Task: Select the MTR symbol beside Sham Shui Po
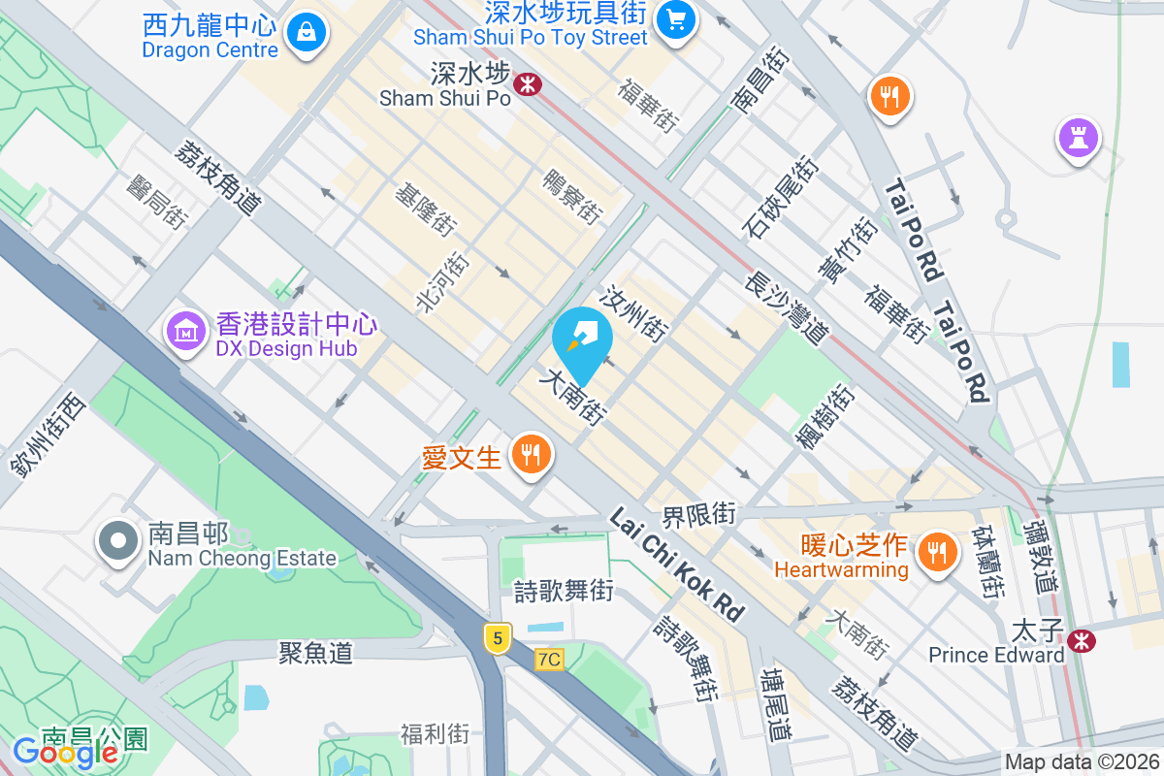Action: coord(528,84)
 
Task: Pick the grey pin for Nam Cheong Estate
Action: coord(119,542)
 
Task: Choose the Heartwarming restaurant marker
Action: coord(936,553)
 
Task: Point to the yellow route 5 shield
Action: coord(498,637)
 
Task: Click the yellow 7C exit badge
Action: coord(548,660)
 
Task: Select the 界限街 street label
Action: coord(698,514)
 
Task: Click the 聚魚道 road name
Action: coord(315,653)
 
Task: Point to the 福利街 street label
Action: coord(436,733)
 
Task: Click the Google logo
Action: coord(65,752)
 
